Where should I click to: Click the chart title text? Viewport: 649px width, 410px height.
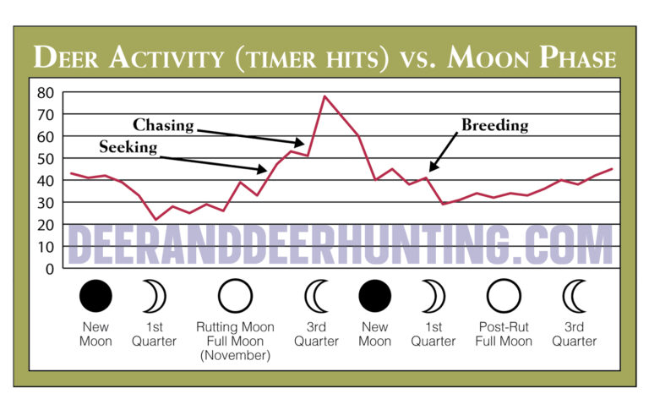pos(324,57)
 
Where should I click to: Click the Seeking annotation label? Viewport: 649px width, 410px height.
pos(128,147)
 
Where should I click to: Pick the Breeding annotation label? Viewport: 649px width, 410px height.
pos(494,126)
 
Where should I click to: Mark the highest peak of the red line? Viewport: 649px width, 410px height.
pos(324,96)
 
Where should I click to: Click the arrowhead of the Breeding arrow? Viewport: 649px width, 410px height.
pos(431,172)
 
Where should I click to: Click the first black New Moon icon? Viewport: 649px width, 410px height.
pos(95,297)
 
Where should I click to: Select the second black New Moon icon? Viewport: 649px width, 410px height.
pos(375,297)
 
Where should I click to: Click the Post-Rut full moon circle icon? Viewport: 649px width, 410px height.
pos(504,297)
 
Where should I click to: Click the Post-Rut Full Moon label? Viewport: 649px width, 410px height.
pos(504,334)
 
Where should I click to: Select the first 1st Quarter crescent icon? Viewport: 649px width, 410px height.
pos(154,297)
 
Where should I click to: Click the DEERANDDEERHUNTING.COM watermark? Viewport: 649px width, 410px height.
pos(338,245)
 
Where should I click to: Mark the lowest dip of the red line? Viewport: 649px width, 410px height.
pos(155,220)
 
